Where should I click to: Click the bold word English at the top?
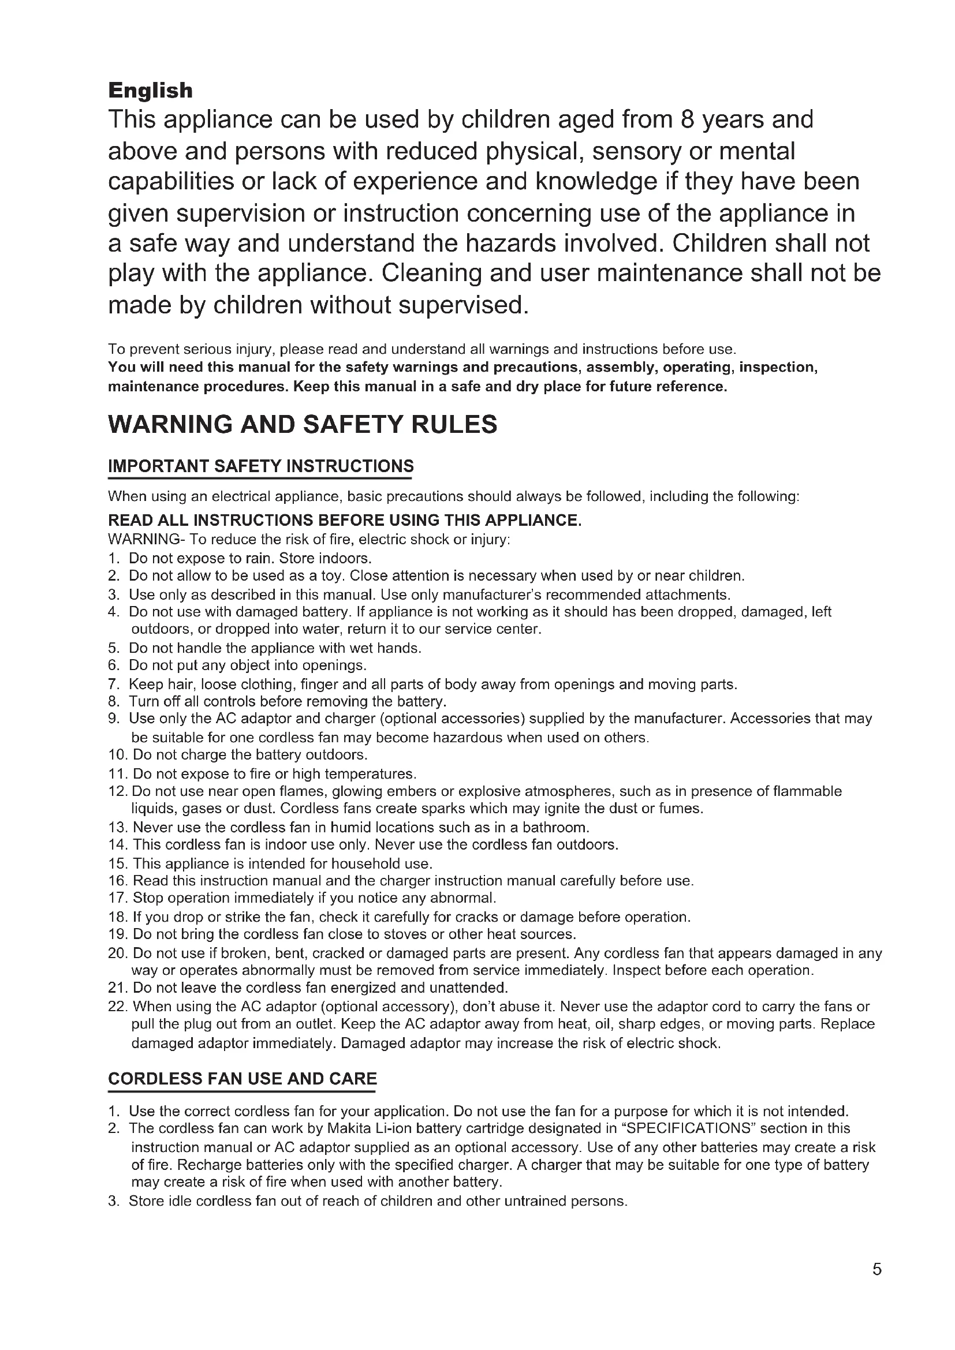[x=150, y=91]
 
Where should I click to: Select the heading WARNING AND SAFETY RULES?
[x=302, y=425]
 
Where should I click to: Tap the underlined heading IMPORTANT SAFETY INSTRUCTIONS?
[x=260, y=466]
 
